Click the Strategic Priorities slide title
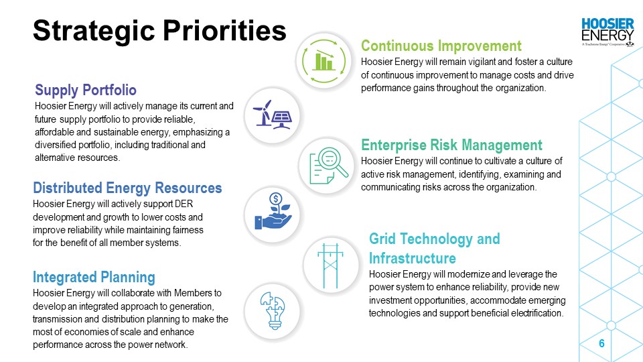[159, 31]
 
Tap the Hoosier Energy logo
[608, 32]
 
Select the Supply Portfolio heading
[86, 90]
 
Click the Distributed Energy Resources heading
[127, 188]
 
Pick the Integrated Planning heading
[94, 277]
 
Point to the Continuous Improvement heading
[441, 46]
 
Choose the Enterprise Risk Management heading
[451, 145]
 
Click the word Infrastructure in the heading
[413, 258]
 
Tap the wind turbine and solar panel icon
[273, 115]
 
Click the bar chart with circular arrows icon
[324, 61]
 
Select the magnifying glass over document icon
[328, 166]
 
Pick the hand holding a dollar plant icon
[273, 211]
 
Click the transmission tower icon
[330, 266]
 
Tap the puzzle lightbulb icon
[273, 310]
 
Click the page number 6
[601, 343]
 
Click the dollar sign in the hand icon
[276, 199]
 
